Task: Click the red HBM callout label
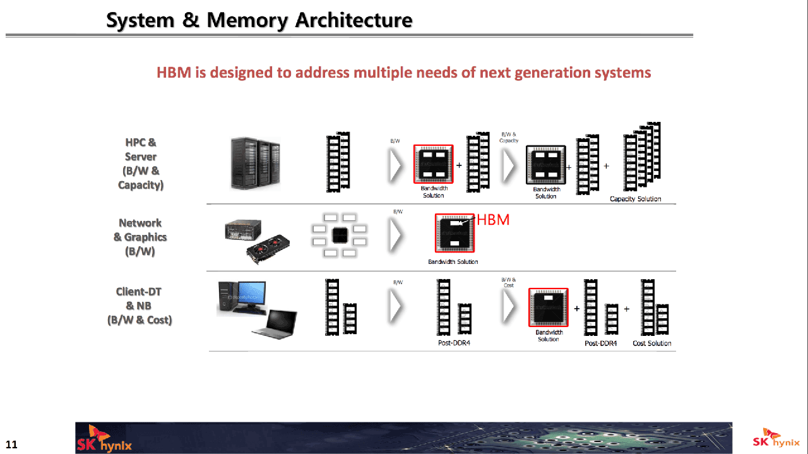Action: coord(492,220)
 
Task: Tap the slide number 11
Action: coord(11,445)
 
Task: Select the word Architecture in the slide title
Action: coord(353,20)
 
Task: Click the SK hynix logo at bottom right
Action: coord(776,439)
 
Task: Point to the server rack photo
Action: coord(255,164)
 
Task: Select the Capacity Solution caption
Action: coord(635,199)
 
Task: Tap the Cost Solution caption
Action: coord(651,343)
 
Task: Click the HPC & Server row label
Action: coord(141,164)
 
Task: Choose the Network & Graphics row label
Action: coord(140,237)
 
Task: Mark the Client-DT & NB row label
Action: coord(140,306)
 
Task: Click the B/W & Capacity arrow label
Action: coord(509,137)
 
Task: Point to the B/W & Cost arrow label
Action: coord(508,282)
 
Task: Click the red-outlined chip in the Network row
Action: coord(454,234)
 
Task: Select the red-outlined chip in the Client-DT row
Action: coord(548,308)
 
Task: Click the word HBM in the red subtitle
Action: coord(174,73)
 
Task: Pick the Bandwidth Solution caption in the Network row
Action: coord(453,262)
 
